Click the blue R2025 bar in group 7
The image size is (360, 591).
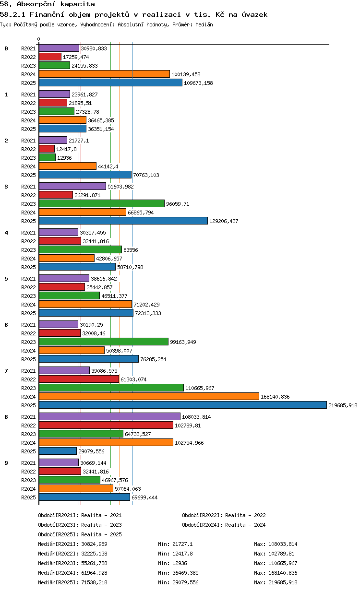pos(183,405)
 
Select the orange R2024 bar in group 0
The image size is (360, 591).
pos(104,74)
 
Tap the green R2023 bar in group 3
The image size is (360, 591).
pos(102,204)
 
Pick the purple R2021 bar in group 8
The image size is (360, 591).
pos(109,416)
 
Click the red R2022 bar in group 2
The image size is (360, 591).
pos(47,149)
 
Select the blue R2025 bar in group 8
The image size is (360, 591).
pos(58,451)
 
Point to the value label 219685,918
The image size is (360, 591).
pos(343,405)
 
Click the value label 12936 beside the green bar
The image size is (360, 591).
pos(64,158)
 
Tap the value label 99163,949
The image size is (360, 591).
pos(183,342)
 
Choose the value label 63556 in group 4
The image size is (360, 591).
pos(131,250)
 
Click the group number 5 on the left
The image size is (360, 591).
pos(6,279)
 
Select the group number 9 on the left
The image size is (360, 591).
pos(6,463)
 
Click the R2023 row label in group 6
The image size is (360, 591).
pos(28,342)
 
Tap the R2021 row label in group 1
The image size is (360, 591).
pos(28,95)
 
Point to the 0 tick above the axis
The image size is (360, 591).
pos(38,39)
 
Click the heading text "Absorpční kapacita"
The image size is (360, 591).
pos(56,4)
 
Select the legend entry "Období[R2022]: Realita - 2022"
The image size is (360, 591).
pos(224,515)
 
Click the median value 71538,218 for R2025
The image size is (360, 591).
pos(94,582)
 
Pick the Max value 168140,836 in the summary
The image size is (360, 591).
pos(283,573)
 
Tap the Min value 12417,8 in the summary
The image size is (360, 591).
pos(182,553)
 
